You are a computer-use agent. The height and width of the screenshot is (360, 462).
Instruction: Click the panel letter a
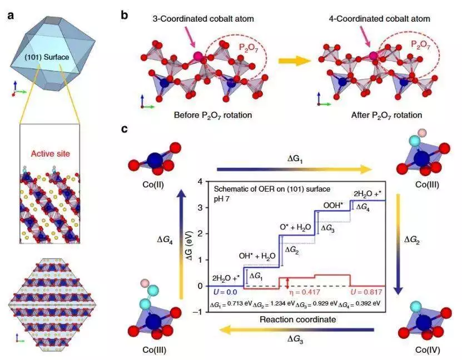11,15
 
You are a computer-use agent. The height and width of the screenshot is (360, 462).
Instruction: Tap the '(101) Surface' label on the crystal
46,57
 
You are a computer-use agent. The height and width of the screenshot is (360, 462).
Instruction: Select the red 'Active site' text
51,154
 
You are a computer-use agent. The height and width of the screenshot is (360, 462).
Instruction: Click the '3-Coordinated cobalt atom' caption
203,19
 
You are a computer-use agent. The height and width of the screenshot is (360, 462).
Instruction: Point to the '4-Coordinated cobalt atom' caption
379,19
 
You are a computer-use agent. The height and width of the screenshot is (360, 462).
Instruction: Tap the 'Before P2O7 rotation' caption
213,115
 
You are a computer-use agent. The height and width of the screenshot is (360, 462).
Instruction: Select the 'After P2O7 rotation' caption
386,115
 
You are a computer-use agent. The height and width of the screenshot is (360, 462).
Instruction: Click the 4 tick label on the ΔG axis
200,181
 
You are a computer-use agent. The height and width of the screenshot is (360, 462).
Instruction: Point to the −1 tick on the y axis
198,312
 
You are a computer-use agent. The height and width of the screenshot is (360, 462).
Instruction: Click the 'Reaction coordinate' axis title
297,319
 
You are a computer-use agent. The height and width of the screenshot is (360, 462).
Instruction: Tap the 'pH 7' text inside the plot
222,199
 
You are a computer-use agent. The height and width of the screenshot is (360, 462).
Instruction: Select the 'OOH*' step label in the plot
333,205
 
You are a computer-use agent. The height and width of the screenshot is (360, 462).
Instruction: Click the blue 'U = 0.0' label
225,292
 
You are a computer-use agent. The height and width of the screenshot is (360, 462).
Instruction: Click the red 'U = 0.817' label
366,292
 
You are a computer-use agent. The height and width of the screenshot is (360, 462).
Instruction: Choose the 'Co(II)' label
153,185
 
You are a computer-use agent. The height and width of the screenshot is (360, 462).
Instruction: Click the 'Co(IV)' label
428,350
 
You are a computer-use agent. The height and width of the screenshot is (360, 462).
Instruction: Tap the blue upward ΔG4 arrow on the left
181,244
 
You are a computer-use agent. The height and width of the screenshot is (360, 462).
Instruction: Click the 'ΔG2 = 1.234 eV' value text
274,304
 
